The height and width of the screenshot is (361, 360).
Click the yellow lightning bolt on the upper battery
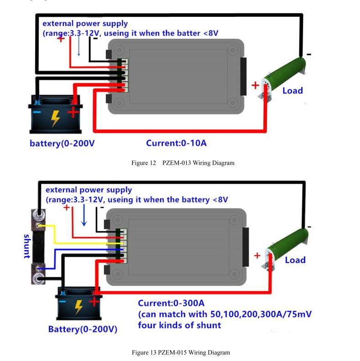click(x=55, y=119)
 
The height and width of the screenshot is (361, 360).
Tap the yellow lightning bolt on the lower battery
click(x=79, y=307)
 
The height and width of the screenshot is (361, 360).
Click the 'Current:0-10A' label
click(x=176, y=143)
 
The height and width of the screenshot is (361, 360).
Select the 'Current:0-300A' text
click(x=171, y=303)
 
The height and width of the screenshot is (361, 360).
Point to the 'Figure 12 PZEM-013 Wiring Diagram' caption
click(x=183, y=163)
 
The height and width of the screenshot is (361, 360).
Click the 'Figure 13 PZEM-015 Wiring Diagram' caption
click(x=181, y=352)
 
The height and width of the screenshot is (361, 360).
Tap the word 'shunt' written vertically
click(x=27, y=246)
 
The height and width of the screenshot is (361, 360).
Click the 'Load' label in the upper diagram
click(x=293, y=91)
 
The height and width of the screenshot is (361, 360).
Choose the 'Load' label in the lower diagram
click(x=295, y=260)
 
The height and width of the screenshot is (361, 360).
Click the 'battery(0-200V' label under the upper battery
click(x=62, y=143)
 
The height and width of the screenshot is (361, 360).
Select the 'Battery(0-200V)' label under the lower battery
click(x=83, y=329)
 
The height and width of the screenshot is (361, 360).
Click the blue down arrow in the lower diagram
click(x=84, y=215)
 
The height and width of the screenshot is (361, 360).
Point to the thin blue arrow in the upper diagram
click(x=78, y=46)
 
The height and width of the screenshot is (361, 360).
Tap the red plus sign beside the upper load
click(x=255, y=85)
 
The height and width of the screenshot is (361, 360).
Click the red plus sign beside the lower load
click(x=257, y=256)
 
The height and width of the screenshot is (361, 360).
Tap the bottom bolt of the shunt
click(x=38, y=278)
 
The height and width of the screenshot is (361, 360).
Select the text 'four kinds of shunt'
click(x=179, y=325)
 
